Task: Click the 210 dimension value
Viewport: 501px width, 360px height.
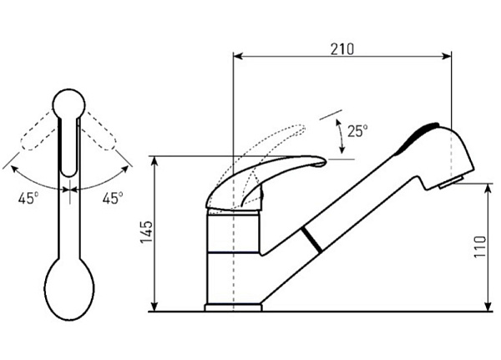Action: pyautogui.click(x=342, y=49)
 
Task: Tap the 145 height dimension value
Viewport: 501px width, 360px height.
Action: pyautogui.click(x=147, y=232)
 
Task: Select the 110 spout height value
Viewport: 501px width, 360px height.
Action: pyautogui.click(x=480, y=246)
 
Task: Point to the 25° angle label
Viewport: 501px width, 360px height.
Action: pyautogui.click(x=357, y=131)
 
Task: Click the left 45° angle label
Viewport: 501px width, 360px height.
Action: pyautogui.click(x=28, y=198)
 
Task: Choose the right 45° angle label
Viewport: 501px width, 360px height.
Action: pyautogui.click(x=113, y=198)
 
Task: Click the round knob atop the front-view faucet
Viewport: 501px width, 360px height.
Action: pyautogui.click(x=68, y=104)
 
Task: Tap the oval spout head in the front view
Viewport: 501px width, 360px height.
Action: pyautogui.click(x=69, y=289)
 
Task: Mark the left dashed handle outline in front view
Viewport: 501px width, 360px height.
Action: pyautogui.click(x=38, y=131)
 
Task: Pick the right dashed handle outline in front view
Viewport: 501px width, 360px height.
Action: pyautogui.click(x=99, y=131)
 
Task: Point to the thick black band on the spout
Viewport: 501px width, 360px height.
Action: pyautogui.click(x=311, y=240)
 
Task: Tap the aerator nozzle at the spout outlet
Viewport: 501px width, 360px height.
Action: pyautogui.click(x=451, y=183)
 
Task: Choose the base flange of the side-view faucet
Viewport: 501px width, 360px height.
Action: pyautogui.click(x=233, y=307)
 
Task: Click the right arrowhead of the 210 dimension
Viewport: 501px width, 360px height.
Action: pyautogui.click(x=447, y=56)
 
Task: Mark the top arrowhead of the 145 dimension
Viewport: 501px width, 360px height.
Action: pyautogui.click(x=154, y=161)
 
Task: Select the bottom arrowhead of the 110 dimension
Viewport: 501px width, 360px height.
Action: pyautogui.click(x=488, y=307)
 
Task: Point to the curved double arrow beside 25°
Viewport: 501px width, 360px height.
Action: pyautogui.click(x=341, y=135)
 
